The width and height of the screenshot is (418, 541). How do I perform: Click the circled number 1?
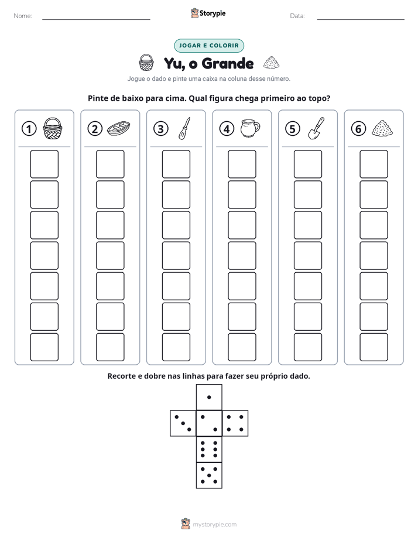pyautogui.click(x=29, y=129)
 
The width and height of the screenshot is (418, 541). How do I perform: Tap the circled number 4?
pyautogui.click(x=227, y=129)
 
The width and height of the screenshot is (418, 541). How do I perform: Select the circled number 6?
pyautogui.click(x=358, y=129)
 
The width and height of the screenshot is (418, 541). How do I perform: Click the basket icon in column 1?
pyautogui.click(x=53, y=128)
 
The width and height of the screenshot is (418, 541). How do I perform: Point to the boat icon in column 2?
pyautogui.click(x=119, y=128)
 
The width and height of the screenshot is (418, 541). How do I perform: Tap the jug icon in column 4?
pyautogui.click(x=250, y=128)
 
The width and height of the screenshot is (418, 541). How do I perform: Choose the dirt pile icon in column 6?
pyautogui.click(x=382, y=128)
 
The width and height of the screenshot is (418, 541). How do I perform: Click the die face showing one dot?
pyautogui.click(x=209, y=398)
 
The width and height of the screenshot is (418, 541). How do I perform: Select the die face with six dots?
pyautogui.click(x=209, y=449)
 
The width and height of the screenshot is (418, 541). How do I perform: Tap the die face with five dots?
pyautogui.click(x=209, y=475)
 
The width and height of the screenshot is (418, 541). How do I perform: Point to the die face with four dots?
pyautogui.click(x=235, y=423)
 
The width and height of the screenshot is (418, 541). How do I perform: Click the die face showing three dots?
pyautogui.click(x=183, y=423)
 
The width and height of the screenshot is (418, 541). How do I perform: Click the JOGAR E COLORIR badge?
pyautogui.click(x=209, y=46)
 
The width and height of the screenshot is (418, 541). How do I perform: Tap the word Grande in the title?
pyautogui.click(x=228, y=63)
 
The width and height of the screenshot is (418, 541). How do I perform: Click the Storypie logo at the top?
pyautogui.click(x=208, y=13)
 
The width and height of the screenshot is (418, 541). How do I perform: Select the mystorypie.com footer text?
pyautogui.click(x=214, y=525)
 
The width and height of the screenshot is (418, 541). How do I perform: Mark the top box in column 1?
pyautogui.click(x=44, y=164)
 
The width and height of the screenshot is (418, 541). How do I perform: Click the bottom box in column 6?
pyautogui.click(x=374, y=347)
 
